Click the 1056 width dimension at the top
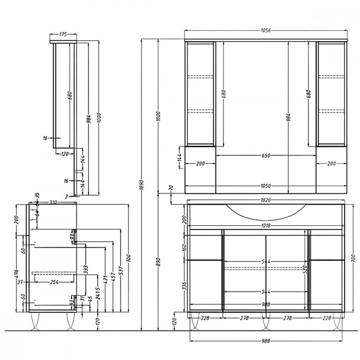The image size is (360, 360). [266, 31]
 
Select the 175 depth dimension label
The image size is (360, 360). [63, 35]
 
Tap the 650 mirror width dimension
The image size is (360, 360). [266, 156]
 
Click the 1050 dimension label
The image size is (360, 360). [266, 186]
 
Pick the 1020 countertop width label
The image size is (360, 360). [266, 200]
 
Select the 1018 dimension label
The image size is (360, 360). [266, 226]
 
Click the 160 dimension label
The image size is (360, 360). [184, 247]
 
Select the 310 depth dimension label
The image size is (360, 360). [53, 202]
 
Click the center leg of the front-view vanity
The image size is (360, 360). [266, 321]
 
